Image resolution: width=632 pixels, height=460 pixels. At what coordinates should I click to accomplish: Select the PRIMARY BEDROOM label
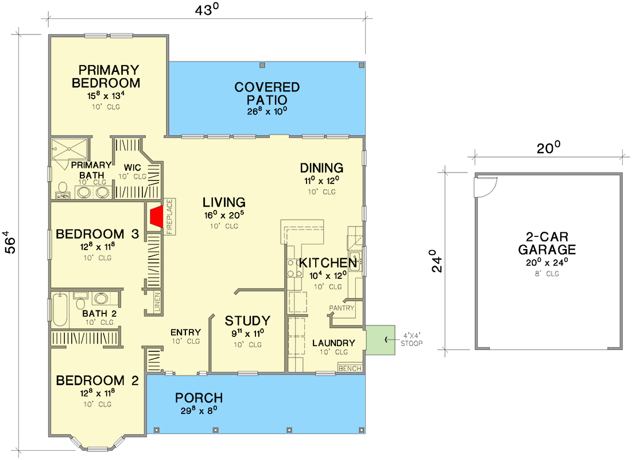tap(106, 76)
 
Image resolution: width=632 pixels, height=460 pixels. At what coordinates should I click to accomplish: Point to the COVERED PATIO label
tap(267, 94)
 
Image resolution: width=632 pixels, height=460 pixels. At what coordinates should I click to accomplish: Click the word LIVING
tap(224, 202)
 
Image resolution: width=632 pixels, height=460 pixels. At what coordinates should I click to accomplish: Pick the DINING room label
tap(321, 168)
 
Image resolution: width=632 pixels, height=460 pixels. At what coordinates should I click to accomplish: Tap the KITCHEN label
tap(328, 263)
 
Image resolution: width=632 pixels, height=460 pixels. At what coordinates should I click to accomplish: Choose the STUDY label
tap(247, 321)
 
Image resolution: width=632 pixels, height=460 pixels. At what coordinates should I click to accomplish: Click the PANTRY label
tap(342, 308)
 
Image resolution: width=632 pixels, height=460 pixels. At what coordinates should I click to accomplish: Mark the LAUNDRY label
tap(334, 343)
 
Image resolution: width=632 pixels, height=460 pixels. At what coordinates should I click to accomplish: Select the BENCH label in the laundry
tap(350, 368)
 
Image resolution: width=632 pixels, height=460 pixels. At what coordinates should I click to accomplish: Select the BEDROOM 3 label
tap(98, 234)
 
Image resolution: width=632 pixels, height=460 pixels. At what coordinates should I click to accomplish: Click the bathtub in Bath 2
tap(60, 311)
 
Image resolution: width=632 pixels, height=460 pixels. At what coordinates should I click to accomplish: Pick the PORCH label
tap(199, 398)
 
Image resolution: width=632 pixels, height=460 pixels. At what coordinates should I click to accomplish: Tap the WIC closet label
tap(133, 167)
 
